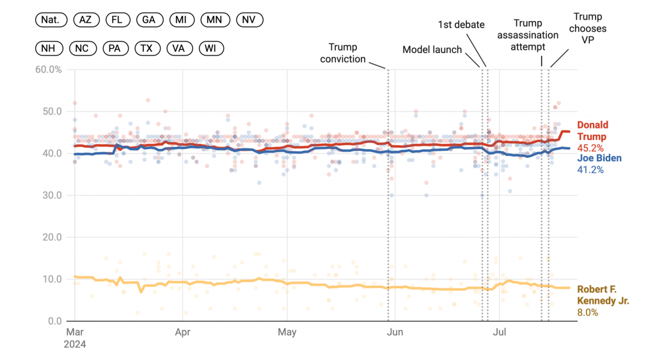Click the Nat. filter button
pos(50,20)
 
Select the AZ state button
pos(85,20)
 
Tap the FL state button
pos(117,20)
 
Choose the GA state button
pos(149,20)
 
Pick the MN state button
pos(215,20)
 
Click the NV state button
pos(249,20)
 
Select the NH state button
pos(49,48)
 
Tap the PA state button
pos(114,48)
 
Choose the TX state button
pos(146,48)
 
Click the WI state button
pos(210,48)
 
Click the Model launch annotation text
pos(432,50)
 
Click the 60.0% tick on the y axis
pos(47,69)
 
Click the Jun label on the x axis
pos(395,333)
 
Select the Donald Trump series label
pos(593,131)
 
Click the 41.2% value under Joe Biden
pos(590,170)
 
